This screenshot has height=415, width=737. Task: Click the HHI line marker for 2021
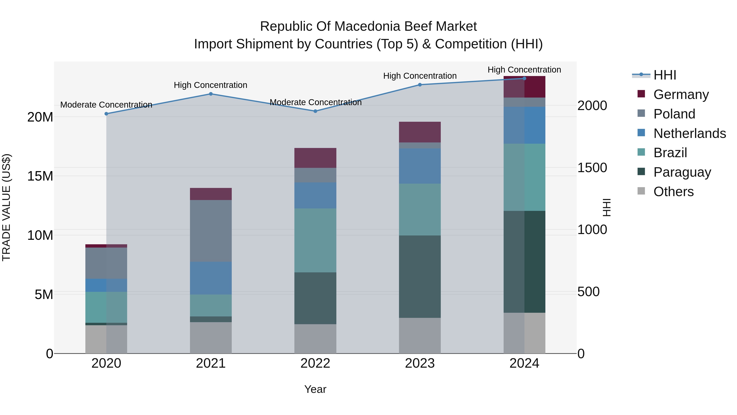211,94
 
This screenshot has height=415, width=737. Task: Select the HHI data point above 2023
420,85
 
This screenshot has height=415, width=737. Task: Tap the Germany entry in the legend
681,94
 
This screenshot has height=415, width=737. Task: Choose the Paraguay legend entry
682,172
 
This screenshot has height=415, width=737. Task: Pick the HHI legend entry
664,75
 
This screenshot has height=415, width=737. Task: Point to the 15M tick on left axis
40,176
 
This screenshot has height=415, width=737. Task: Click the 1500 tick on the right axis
592,168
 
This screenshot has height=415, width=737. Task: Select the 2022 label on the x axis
315,363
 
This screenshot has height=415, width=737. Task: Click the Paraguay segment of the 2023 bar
420,276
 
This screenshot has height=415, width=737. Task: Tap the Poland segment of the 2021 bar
211,231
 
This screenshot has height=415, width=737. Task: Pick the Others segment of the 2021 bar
211,338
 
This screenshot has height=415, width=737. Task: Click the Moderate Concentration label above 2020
106,105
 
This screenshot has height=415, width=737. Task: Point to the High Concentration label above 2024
524,70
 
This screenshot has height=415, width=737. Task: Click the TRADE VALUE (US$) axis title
6,207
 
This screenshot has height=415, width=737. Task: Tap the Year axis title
315,389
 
